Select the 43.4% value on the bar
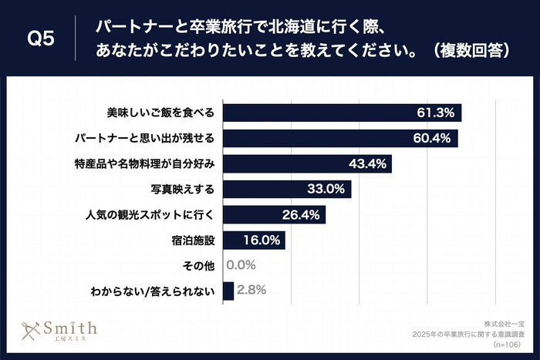pyautogui.click(x=369, y=164)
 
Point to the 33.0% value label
pyautogui.click(x=328, y=190)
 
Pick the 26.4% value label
pyautogui.click(x=302, y=215)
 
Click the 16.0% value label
pyautogui.click(x=262, y=241)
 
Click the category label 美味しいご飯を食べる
pyautogui.click(x=160, y=113)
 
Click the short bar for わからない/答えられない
pyautogui.click(x=228, y=291)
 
